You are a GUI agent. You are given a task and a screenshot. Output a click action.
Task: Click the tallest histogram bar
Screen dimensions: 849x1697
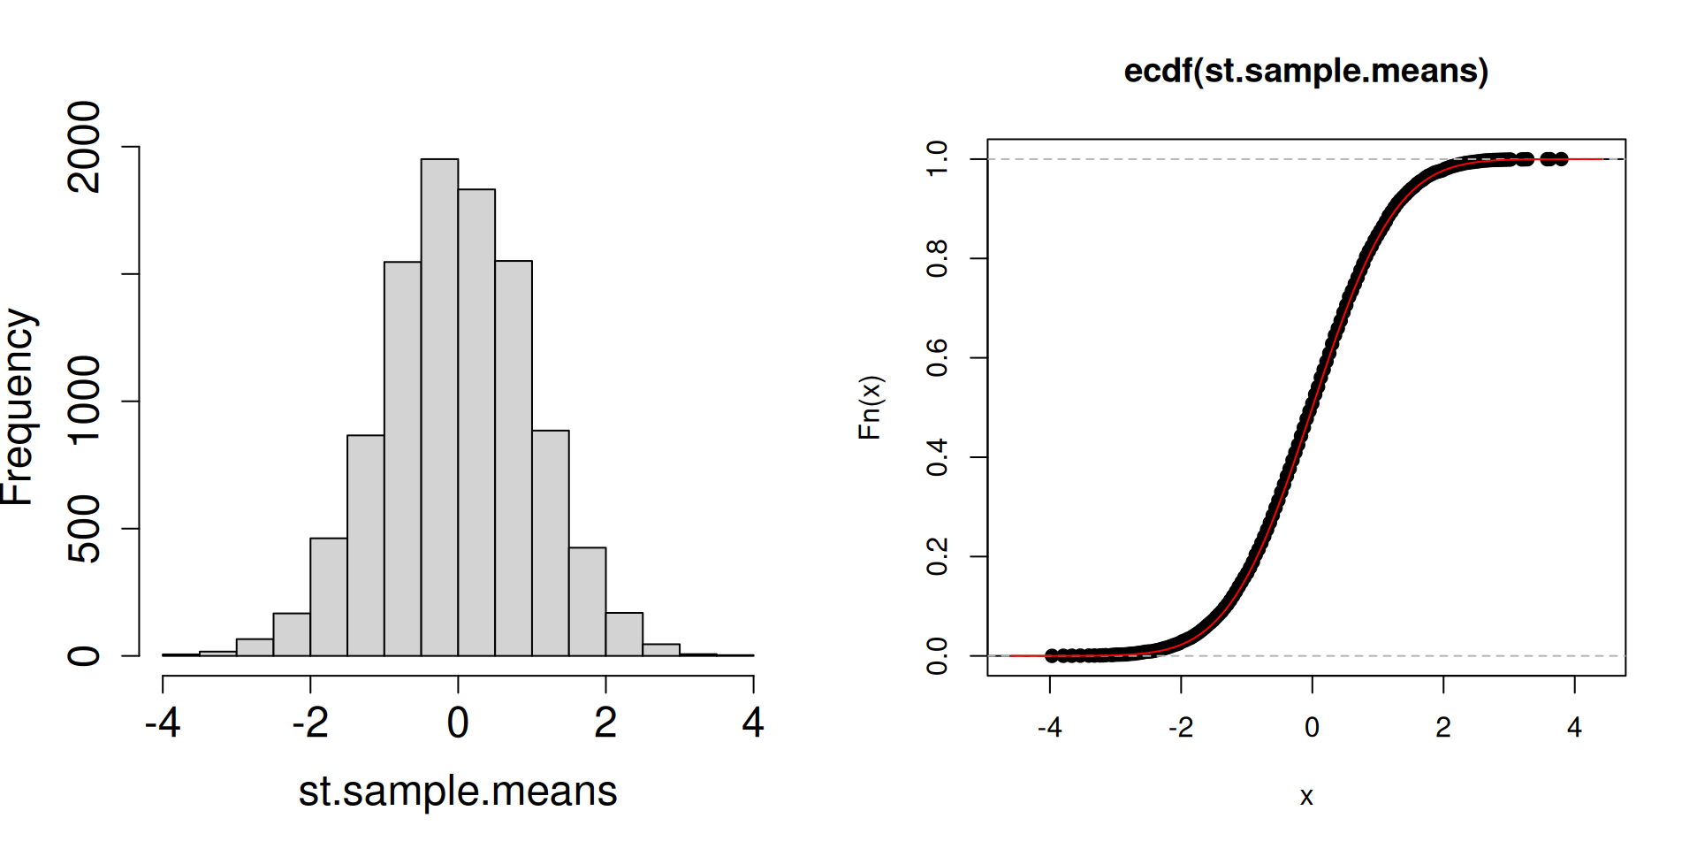point(439,407)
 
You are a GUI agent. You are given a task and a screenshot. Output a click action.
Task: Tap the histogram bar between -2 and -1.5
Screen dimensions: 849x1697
point(328,597)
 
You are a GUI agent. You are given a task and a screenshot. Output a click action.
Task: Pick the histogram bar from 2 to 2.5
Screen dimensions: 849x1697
point(624,634)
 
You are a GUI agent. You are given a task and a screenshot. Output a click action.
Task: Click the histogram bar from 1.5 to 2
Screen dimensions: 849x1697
point(587,601)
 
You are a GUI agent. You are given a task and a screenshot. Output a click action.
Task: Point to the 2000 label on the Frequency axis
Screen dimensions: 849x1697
point(85,147)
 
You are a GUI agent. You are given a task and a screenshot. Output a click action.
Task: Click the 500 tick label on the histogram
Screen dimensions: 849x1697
point(85,529)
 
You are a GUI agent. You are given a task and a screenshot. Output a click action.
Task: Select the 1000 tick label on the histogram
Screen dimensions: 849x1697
point(85,401)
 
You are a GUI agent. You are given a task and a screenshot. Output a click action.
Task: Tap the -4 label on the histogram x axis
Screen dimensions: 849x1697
point(163,723)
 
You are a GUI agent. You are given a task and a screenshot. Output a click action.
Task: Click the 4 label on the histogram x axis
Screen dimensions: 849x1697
point(753,723)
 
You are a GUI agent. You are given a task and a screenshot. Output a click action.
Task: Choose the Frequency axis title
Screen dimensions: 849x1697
point(18,407)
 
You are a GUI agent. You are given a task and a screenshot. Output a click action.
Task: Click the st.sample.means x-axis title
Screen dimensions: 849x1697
point(458,791)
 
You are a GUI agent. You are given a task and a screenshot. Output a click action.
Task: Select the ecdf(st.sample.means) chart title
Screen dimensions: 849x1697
point(1305,71)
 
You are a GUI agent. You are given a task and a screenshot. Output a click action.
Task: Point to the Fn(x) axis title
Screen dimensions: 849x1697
point(870,407)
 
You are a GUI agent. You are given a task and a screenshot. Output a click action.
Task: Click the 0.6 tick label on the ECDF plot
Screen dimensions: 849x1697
point(937,357)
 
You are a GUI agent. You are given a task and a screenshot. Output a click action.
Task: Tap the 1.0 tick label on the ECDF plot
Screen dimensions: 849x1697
point(937,159)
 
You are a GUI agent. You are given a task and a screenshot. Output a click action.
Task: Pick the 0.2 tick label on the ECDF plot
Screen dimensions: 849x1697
point(937,556)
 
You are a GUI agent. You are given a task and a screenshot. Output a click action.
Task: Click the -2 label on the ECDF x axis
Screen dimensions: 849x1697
point(1181,728)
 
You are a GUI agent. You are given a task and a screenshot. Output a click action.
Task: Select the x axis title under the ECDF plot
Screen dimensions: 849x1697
point(1306,797)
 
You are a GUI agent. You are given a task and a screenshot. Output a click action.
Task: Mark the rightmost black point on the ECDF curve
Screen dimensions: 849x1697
point(1562,159)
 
